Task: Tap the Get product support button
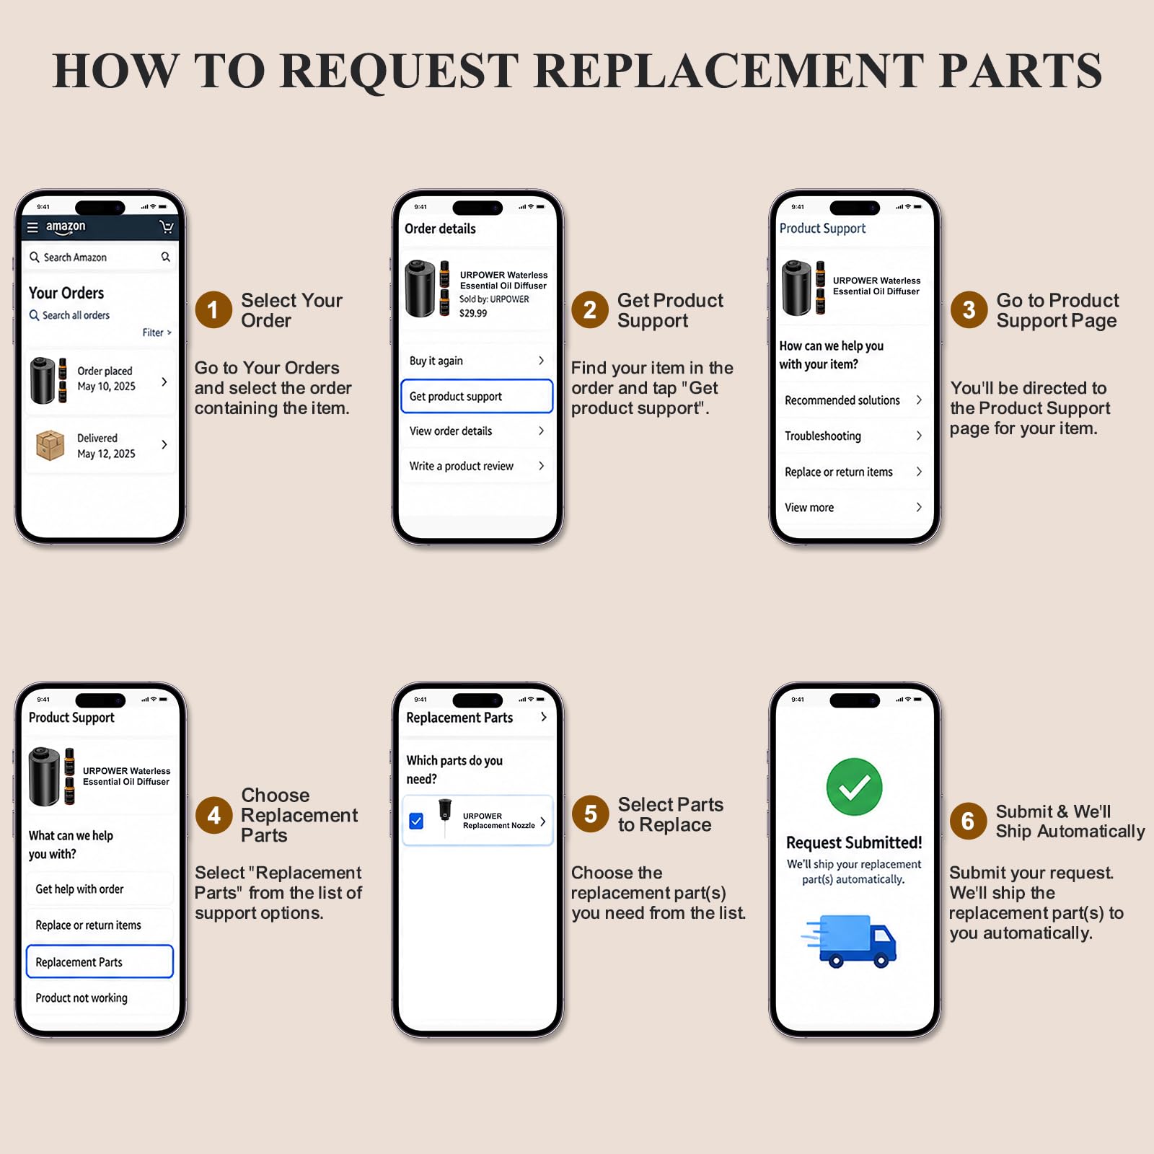click(x=477, y=396)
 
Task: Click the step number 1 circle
click(x=213, y=309)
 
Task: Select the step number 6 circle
click(x=968, y=821)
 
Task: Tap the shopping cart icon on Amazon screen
click(x=167, y=227)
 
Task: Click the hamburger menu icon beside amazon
click(x=32, y=227)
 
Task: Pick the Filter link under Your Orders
click(x=157, y=332)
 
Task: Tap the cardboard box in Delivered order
click(x=50, y=445)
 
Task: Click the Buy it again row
click(x=477, y=361)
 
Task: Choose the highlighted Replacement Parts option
click(x=100, y=961)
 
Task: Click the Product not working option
click(x=100, y=997)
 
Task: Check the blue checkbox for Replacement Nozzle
click(x=416, y=821)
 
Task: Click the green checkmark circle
click(x=854, y=786)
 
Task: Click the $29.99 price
click(x=473, y=313)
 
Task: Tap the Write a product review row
click(x=477, y=466)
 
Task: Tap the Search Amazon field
click(x=100, y=257)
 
